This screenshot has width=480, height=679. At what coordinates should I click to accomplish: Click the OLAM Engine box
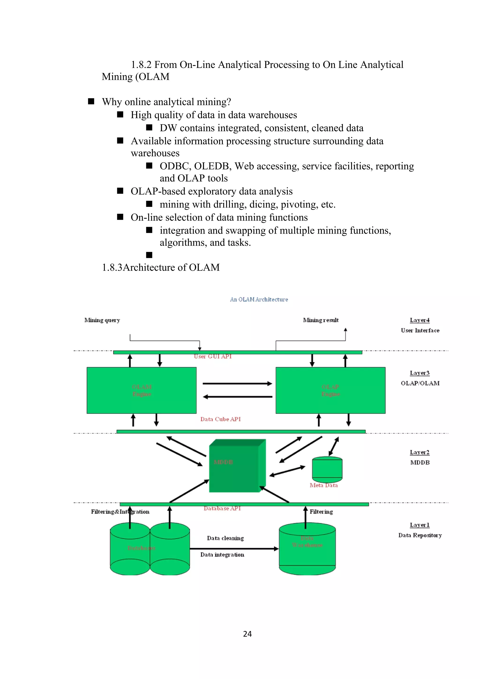tap(141, 390)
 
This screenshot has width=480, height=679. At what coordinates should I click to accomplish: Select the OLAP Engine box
tap(330, 390)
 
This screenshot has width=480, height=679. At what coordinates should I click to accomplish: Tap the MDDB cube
tap(234, 466)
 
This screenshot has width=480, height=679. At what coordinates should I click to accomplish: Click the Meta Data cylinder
tap(327, 469)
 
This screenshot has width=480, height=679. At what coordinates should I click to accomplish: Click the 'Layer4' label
tap(419, 320)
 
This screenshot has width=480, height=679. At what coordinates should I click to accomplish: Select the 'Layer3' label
tap(419, 373)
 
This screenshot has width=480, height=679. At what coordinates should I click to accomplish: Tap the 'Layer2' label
tap(419, 452)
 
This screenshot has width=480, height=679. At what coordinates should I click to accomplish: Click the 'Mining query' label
tap(102, 320)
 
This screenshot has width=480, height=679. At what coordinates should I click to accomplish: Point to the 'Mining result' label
tap(321, 320)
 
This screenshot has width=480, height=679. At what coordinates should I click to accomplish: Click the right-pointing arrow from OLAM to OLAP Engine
tap(237, 384)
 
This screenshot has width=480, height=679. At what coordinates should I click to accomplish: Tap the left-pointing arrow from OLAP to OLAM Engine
tap(237, 397)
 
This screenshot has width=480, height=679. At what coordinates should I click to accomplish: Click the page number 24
tap(247, 634)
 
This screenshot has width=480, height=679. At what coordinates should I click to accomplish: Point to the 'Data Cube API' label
tap(220, 419)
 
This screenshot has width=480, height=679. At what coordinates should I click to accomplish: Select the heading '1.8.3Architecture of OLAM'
tap(161, 267)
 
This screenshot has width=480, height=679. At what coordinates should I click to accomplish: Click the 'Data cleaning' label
tap(225, 538)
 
